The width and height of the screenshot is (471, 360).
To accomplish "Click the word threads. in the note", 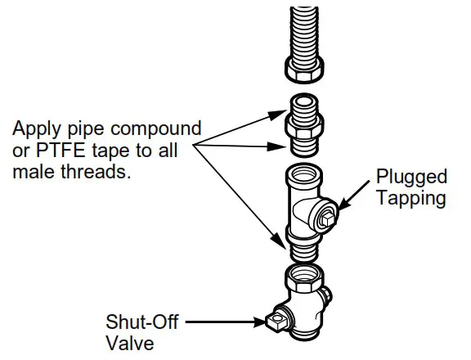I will click(x=100, y=173).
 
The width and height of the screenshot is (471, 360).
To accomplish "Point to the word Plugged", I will click(x=411, y=178).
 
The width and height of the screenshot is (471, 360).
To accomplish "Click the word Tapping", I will click(x=410, y=199).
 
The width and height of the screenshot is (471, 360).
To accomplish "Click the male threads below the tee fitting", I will click(x=304, y=244).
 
